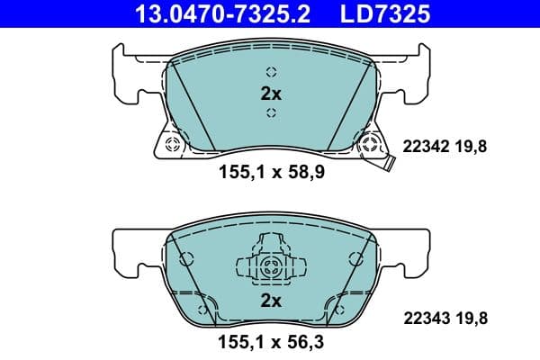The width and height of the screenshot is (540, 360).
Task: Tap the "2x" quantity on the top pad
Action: click(x=271, y=93)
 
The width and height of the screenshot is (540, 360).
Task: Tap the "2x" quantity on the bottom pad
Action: click(x=271, y=300)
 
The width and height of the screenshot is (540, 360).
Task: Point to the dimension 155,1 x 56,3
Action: click(x=271, y=343)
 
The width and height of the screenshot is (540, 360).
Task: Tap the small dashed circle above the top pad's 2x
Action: click(x=271, y=73)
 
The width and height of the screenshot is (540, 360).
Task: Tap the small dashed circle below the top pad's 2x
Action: click(x=271, y=112)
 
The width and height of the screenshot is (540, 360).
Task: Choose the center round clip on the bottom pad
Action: click(x=271, y=265)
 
